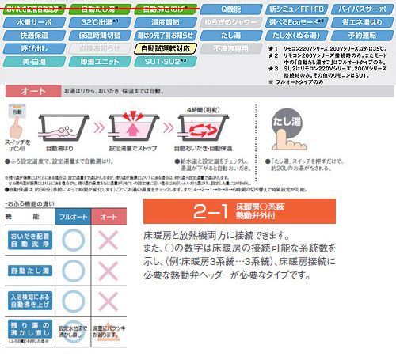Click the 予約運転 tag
(x=360, y=36)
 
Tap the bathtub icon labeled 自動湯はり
(x=62, y=129)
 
